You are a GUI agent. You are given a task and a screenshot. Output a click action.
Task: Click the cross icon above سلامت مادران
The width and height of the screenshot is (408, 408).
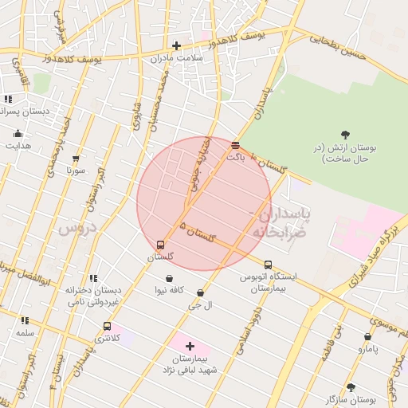[x=176, y=45]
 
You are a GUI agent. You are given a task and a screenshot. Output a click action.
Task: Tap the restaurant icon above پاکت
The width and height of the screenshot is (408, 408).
[x=235, y=145]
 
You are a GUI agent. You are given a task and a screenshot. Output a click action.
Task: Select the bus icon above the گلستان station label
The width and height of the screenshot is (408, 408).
[x=161, y=245]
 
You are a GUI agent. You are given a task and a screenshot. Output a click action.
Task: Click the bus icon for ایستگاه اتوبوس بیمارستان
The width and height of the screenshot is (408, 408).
[x=268, y=265]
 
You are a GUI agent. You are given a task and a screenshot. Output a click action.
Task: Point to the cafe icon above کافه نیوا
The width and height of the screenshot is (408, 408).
[x=171, y=277]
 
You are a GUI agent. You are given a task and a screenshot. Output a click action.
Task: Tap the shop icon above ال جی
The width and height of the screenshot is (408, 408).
[x=200, y=293]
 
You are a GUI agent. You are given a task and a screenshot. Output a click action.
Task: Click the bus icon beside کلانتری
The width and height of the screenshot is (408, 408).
[x=108, y=326]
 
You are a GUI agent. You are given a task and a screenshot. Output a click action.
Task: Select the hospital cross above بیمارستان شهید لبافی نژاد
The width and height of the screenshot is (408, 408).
[x=190, y=346]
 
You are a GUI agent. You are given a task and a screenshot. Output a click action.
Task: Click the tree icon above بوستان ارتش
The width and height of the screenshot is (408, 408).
[x=344, y=135]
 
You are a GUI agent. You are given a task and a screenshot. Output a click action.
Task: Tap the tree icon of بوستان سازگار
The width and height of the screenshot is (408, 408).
[x=351, y=386]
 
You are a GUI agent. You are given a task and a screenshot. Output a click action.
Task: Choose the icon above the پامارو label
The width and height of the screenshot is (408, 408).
[x=367, y=337]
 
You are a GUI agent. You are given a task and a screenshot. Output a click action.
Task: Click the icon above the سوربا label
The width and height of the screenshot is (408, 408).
[x=76, y=159]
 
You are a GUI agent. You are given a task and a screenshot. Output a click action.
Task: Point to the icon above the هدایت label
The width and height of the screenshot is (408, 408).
[x=17, y=134]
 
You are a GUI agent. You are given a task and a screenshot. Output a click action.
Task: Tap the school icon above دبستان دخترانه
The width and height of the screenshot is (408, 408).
[x=93, y=278]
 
